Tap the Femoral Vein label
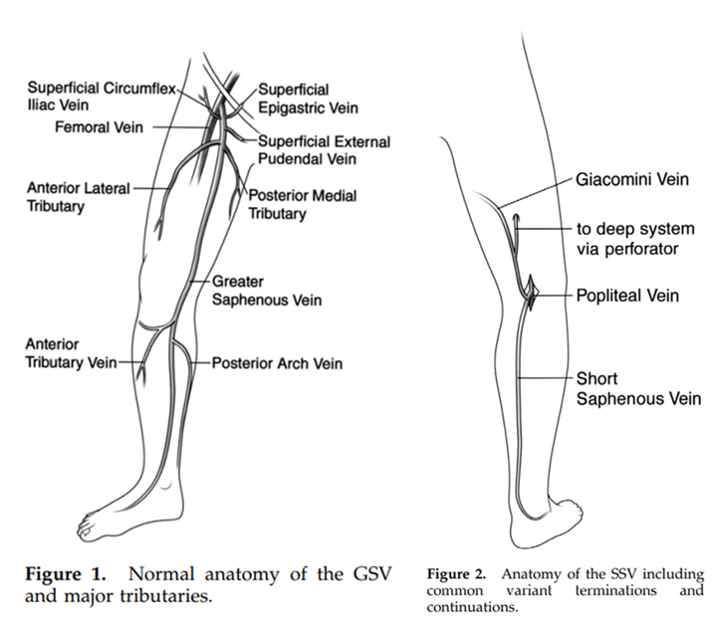pyautogui.click(x=99, y=127)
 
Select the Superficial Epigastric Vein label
pyautogui.click(x=308, y=99)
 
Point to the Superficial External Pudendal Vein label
pyautogui.click(x=323, y=149)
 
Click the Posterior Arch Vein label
pyautogui.click(x=277, y=363)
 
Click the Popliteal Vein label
pyautogui.click(x=627, y=296)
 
